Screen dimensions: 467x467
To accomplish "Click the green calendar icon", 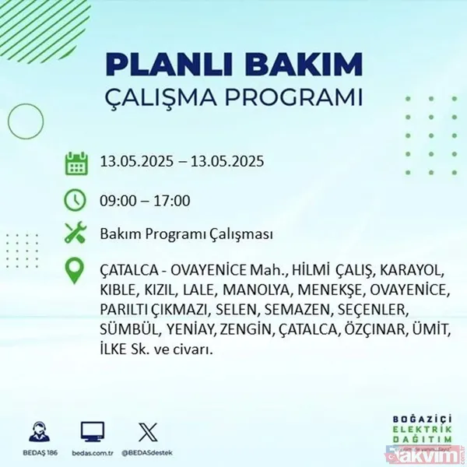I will (x=75, y=163).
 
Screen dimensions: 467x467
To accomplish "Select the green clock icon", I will (x=75, y=199).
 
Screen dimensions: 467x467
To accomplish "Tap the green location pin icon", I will (x=75, y=270).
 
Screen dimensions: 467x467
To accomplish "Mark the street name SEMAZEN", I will (x=295, y=311).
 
